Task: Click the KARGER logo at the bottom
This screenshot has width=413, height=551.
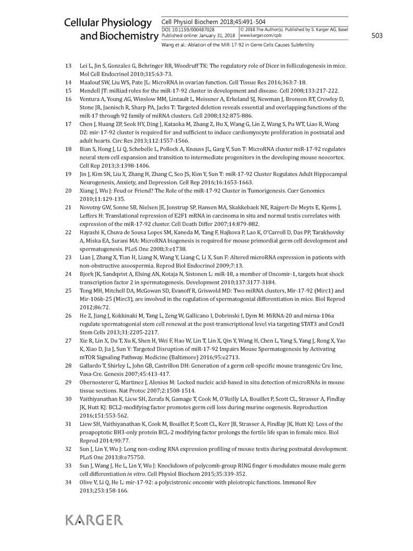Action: tap(94, 520)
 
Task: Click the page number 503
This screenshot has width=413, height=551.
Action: tap(377, 36)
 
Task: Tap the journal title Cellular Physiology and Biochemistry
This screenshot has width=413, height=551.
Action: tap(110, 29)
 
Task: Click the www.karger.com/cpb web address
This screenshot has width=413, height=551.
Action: tap(260, 35)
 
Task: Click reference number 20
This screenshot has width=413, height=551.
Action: tap(68, 191)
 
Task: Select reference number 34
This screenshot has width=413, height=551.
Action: tap(68, 483)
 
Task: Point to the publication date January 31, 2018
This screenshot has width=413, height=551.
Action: tap(216, 35)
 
